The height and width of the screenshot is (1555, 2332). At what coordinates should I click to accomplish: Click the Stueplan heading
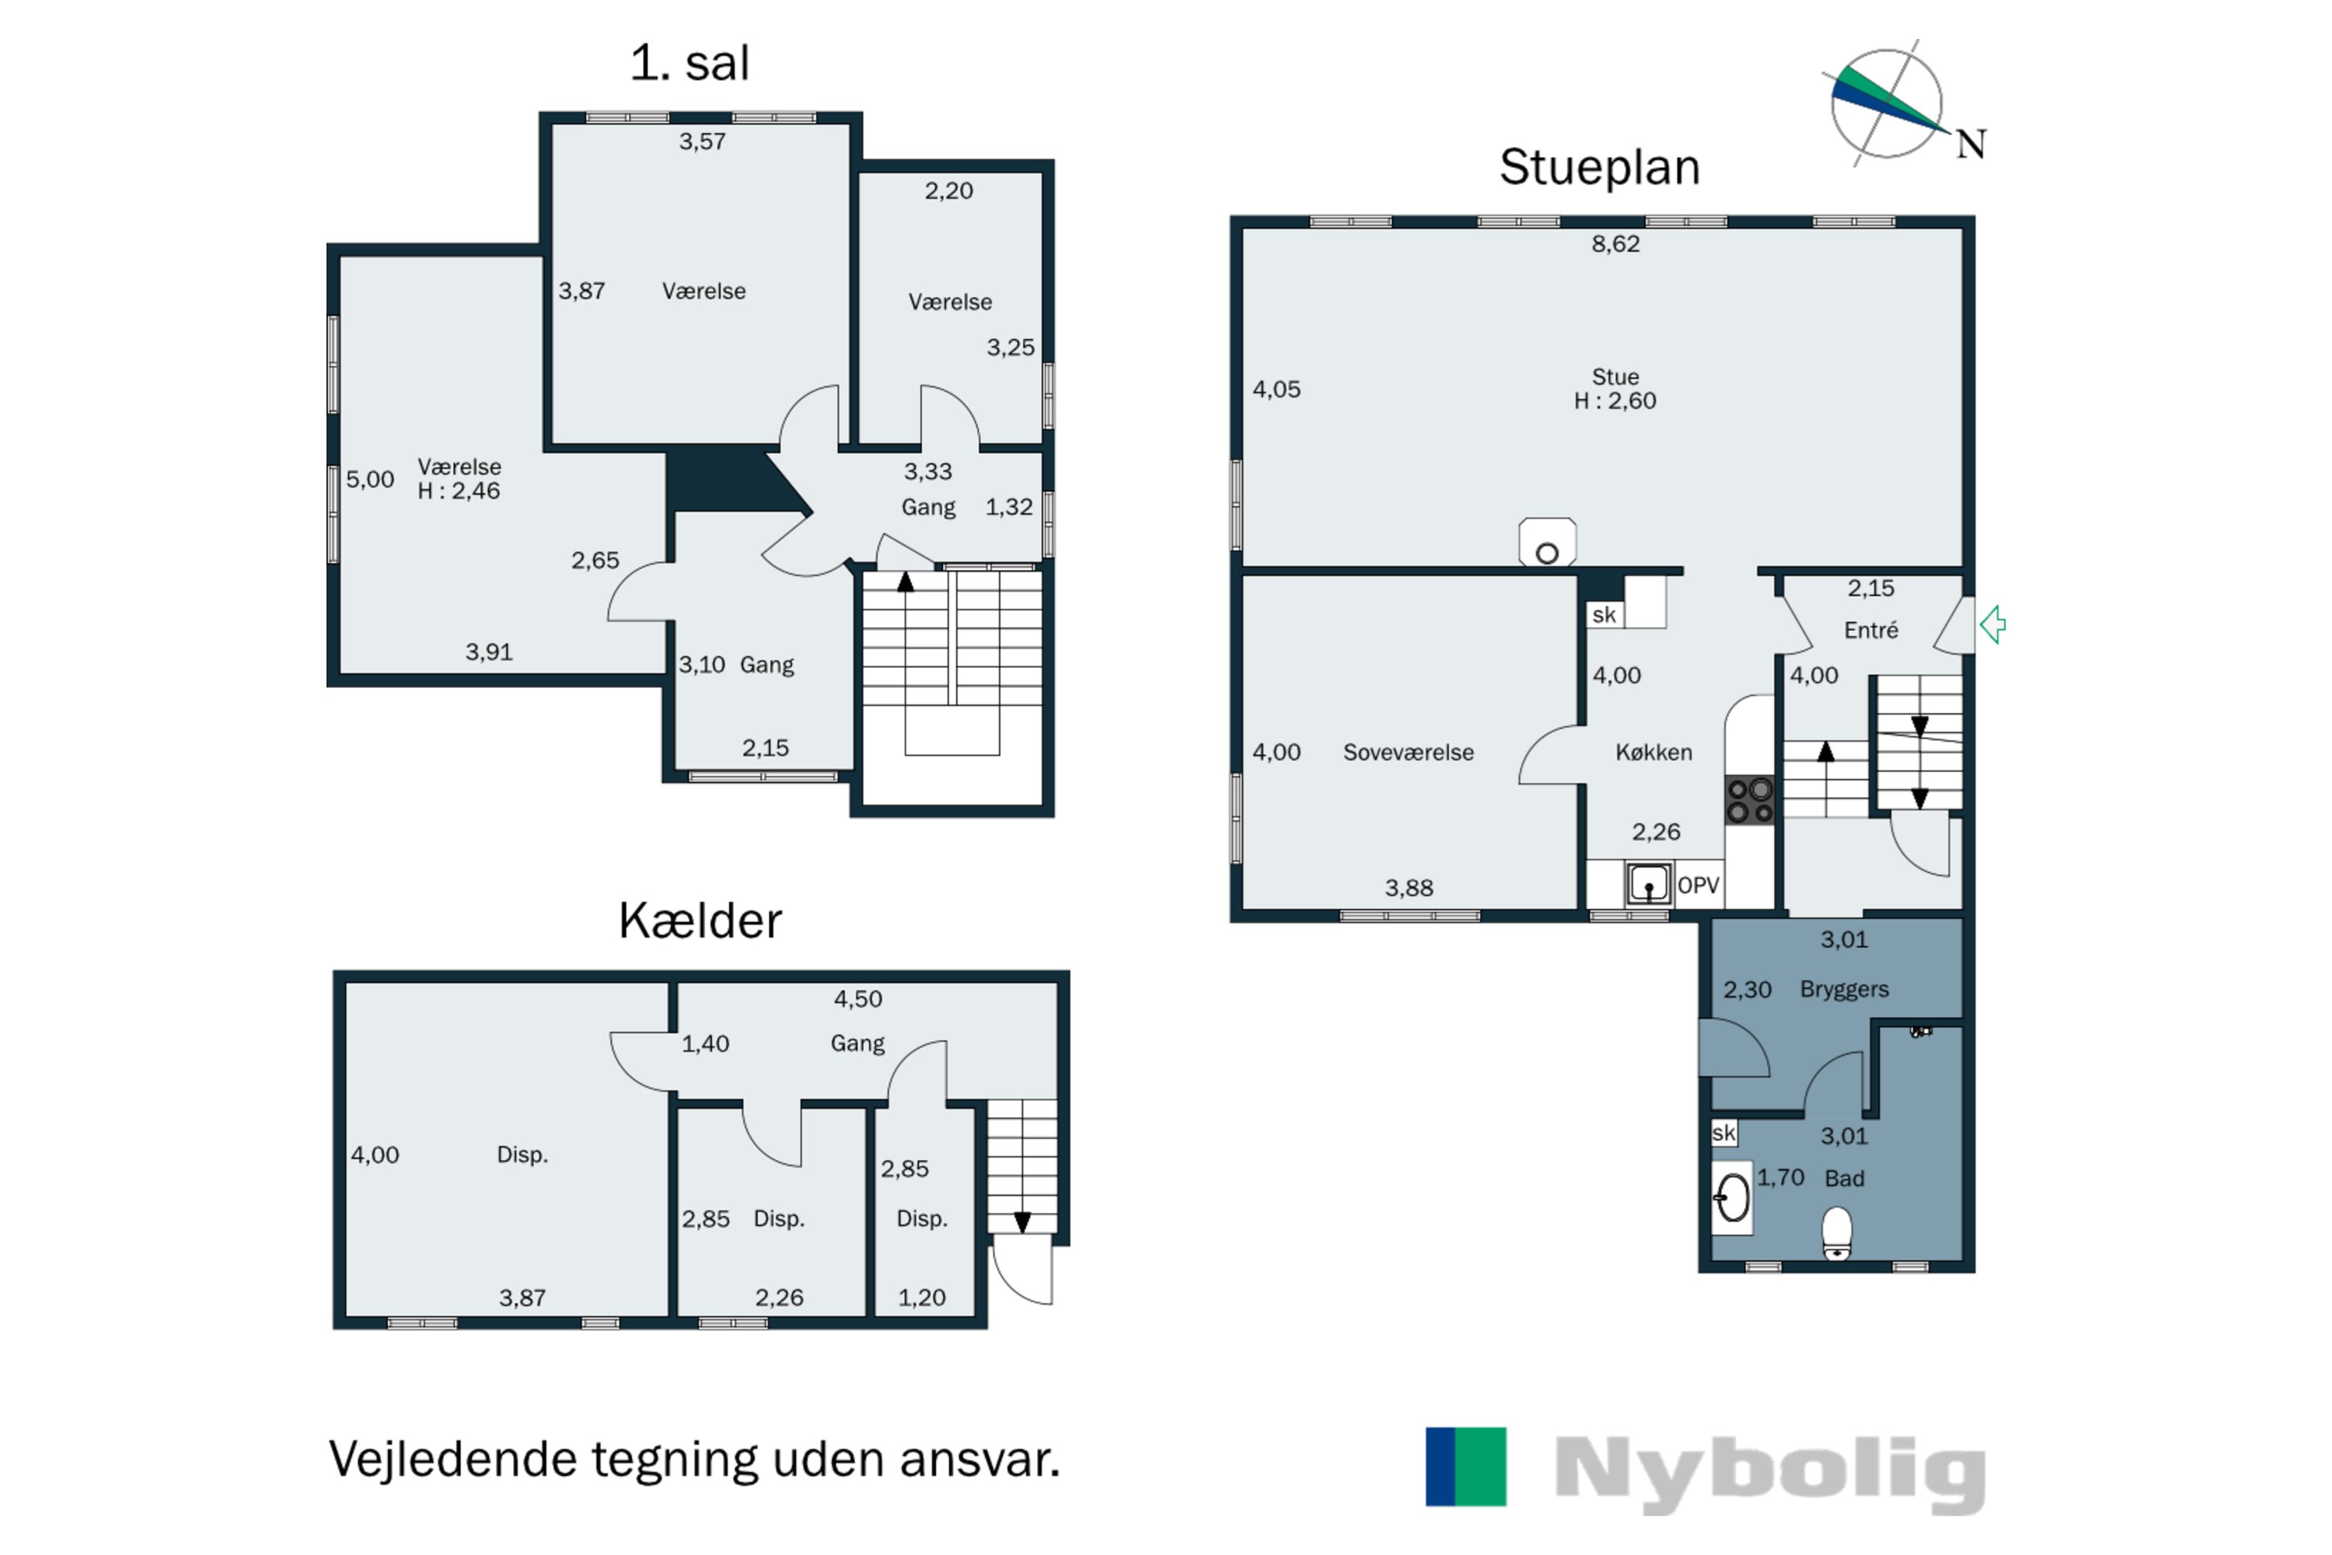pyautogui.click(x=1598, y=166)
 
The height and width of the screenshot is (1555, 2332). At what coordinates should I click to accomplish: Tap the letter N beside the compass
pyautogui.click(x=1970, y=145)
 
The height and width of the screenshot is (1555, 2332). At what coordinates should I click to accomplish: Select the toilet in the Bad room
pyautogui.click(x=1836, y=1232)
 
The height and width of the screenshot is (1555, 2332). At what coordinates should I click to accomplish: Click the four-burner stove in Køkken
pyautogui.click(x=1749, y=800)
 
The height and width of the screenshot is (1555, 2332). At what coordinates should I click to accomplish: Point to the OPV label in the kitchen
pyautogui.click(x=1698, y=885)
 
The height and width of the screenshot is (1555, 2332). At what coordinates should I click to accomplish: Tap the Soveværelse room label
pyautogui.click(x=1408, y=753)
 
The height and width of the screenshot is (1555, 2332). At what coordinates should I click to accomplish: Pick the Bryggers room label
pyautogui.click(x=1844, y=989)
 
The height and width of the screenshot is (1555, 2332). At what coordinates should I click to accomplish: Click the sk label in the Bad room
pyautogui.click(x=1723, y=1133)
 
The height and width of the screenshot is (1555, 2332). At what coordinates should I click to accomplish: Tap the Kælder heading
pyautogui.click(x=700, y=921)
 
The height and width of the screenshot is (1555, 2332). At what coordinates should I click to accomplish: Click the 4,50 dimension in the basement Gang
pyautogui.click(x=857, y=998)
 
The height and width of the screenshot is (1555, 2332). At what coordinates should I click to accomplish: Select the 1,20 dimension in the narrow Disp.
pyautogui.click(x=921, y=1297)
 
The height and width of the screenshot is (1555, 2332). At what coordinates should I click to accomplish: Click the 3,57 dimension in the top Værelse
pyautogui.click(x=702, y=142)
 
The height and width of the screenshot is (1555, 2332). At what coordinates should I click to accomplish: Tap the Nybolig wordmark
pyautogui.click(x=1770, y=1472)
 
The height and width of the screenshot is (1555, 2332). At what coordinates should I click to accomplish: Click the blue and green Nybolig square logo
pyautogui.click(x=1465, y=1466)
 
